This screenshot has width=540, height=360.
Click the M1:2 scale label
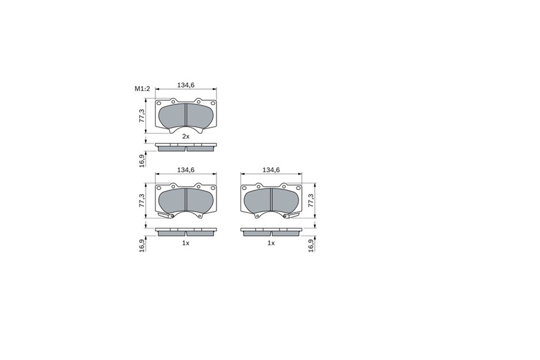point(142,89)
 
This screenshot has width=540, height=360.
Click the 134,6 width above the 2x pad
point(185,85)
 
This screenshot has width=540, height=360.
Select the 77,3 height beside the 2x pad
point(141,116)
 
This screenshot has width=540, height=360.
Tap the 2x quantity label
point(185,136)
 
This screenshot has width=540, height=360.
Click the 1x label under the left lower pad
point(185,243)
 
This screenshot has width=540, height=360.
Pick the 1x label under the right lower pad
point(271,243)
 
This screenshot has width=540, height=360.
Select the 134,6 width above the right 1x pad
point(271,170)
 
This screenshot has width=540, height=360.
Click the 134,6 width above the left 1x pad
point(185,170)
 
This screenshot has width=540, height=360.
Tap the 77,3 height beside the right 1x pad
point(311,200)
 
